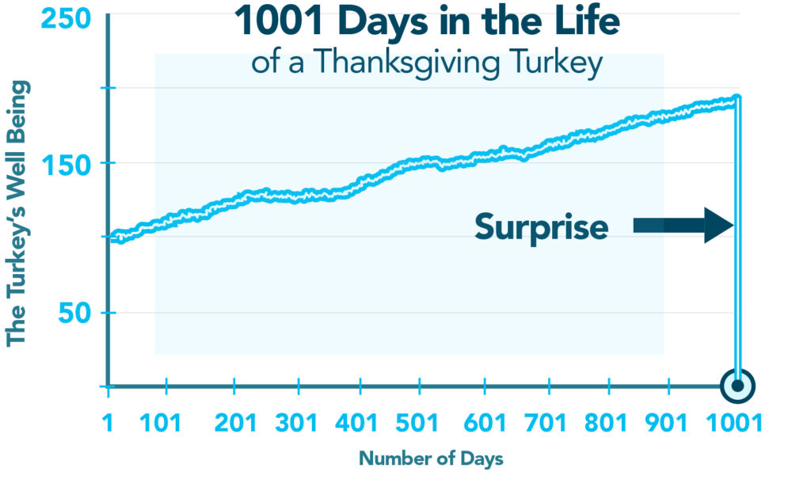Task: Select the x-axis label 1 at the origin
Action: pos(109,423)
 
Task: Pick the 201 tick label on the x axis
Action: pos(235,423)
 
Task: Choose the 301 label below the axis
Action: pos(299,423)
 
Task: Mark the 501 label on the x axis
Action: pos(420,423)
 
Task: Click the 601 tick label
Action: pos(484,423)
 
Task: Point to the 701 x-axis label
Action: pos(547,423)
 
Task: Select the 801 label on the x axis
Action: pos(610,423)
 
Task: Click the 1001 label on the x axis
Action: pos(735,423)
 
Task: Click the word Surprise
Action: pos(542,228)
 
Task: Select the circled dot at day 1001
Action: pos(738,386)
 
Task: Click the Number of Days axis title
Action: pos(431,458)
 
